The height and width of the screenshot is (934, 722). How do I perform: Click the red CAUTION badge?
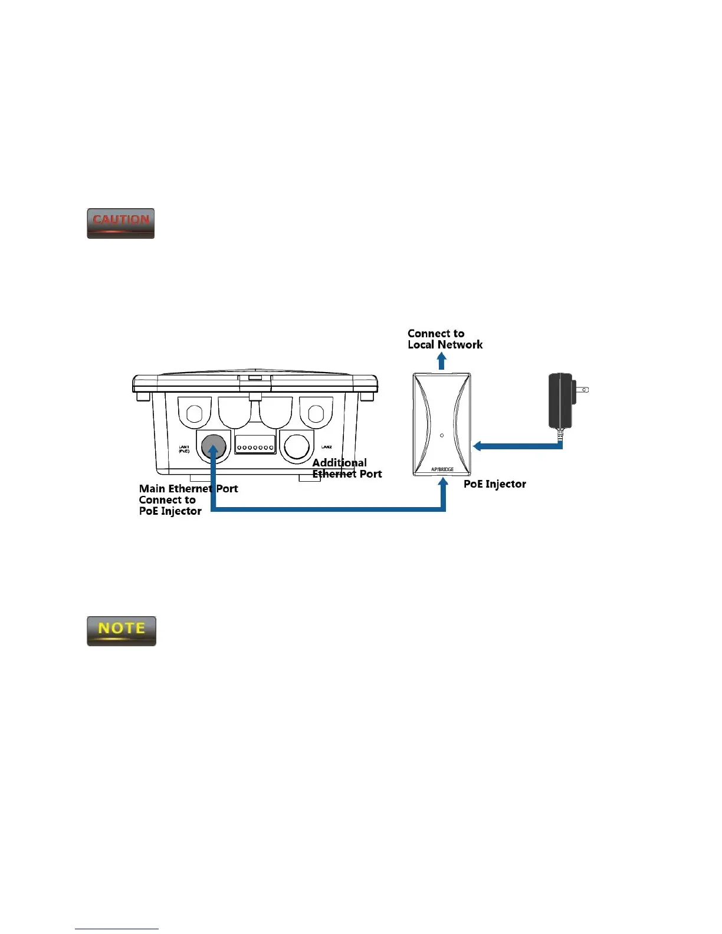[121, 223]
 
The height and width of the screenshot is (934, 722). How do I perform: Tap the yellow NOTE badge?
[122, 631]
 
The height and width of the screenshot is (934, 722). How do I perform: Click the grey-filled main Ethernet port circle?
[214, 446]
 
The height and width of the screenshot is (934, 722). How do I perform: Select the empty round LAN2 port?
[296, 446]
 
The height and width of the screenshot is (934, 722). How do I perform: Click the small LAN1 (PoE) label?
[184, 449]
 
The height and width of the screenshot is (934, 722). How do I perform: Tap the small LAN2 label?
[326, 447]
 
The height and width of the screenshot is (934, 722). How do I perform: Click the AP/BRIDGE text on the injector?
[442, 470]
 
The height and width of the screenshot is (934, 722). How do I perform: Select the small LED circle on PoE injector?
[442, 436]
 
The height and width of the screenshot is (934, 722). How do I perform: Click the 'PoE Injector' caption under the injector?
[494, 484]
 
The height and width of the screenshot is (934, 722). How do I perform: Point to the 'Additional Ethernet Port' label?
[347, 468]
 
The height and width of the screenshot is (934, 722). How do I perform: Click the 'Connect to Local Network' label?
[445, 339]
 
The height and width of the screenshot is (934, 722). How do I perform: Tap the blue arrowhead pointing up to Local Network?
[441, 359]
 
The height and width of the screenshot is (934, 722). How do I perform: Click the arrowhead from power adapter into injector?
[478, 446]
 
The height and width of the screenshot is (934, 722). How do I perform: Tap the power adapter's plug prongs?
[582, 389]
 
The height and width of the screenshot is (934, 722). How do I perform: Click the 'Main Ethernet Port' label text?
[188, 489]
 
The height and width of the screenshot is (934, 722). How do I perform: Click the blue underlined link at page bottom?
[117, 929]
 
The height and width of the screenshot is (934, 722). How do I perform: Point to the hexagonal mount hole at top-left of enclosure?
[195, 413]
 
